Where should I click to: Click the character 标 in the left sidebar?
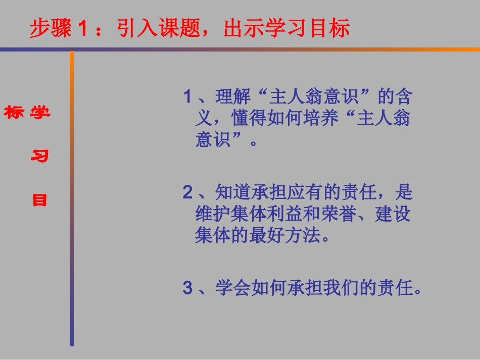click(14, 112)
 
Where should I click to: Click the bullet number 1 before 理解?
click(188, 96)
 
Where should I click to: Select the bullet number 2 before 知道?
click(188, 192)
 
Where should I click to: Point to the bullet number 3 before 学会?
click(188, 288)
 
